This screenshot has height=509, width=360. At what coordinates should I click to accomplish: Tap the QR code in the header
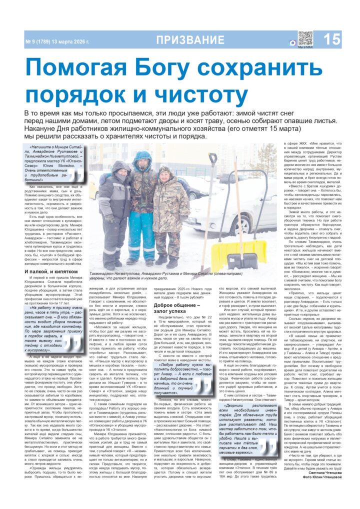pos(304,38)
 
